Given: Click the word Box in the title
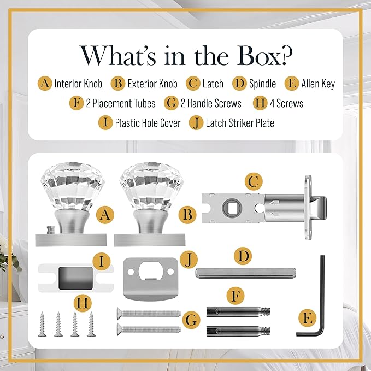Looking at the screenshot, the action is pos(264,56).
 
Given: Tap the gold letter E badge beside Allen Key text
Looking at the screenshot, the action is pos(292,83).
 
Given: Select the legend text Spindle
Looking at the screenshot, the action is pos(262,84).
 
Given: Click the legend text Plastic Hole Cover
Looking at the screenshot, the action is pos(148,123).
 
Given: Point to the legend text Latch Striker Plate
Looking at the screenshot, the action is pos(240,123).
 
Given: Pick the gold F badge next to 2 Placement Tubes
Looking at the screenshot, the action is pos(76,103).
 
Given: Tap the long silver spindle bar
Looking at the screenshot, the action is pos(245,273).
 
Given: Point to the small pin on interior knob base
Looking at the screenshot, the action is pos(50,229).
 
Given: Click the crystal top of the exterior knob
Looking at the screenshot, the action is pos(151,185).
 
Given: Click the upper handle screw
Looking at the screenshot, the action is pos(149,313).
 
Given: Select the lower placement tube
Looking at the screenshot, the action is pos(238,331).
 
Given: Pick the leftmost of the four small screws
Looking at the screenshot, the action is pos(42,323).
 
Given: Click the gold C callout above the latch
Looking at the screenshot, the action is pos(254,182).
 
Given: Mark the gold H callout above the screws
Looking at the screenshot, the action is pos(83,303).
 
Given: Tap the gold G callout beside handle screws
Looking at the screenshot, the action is pos(191,320).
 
